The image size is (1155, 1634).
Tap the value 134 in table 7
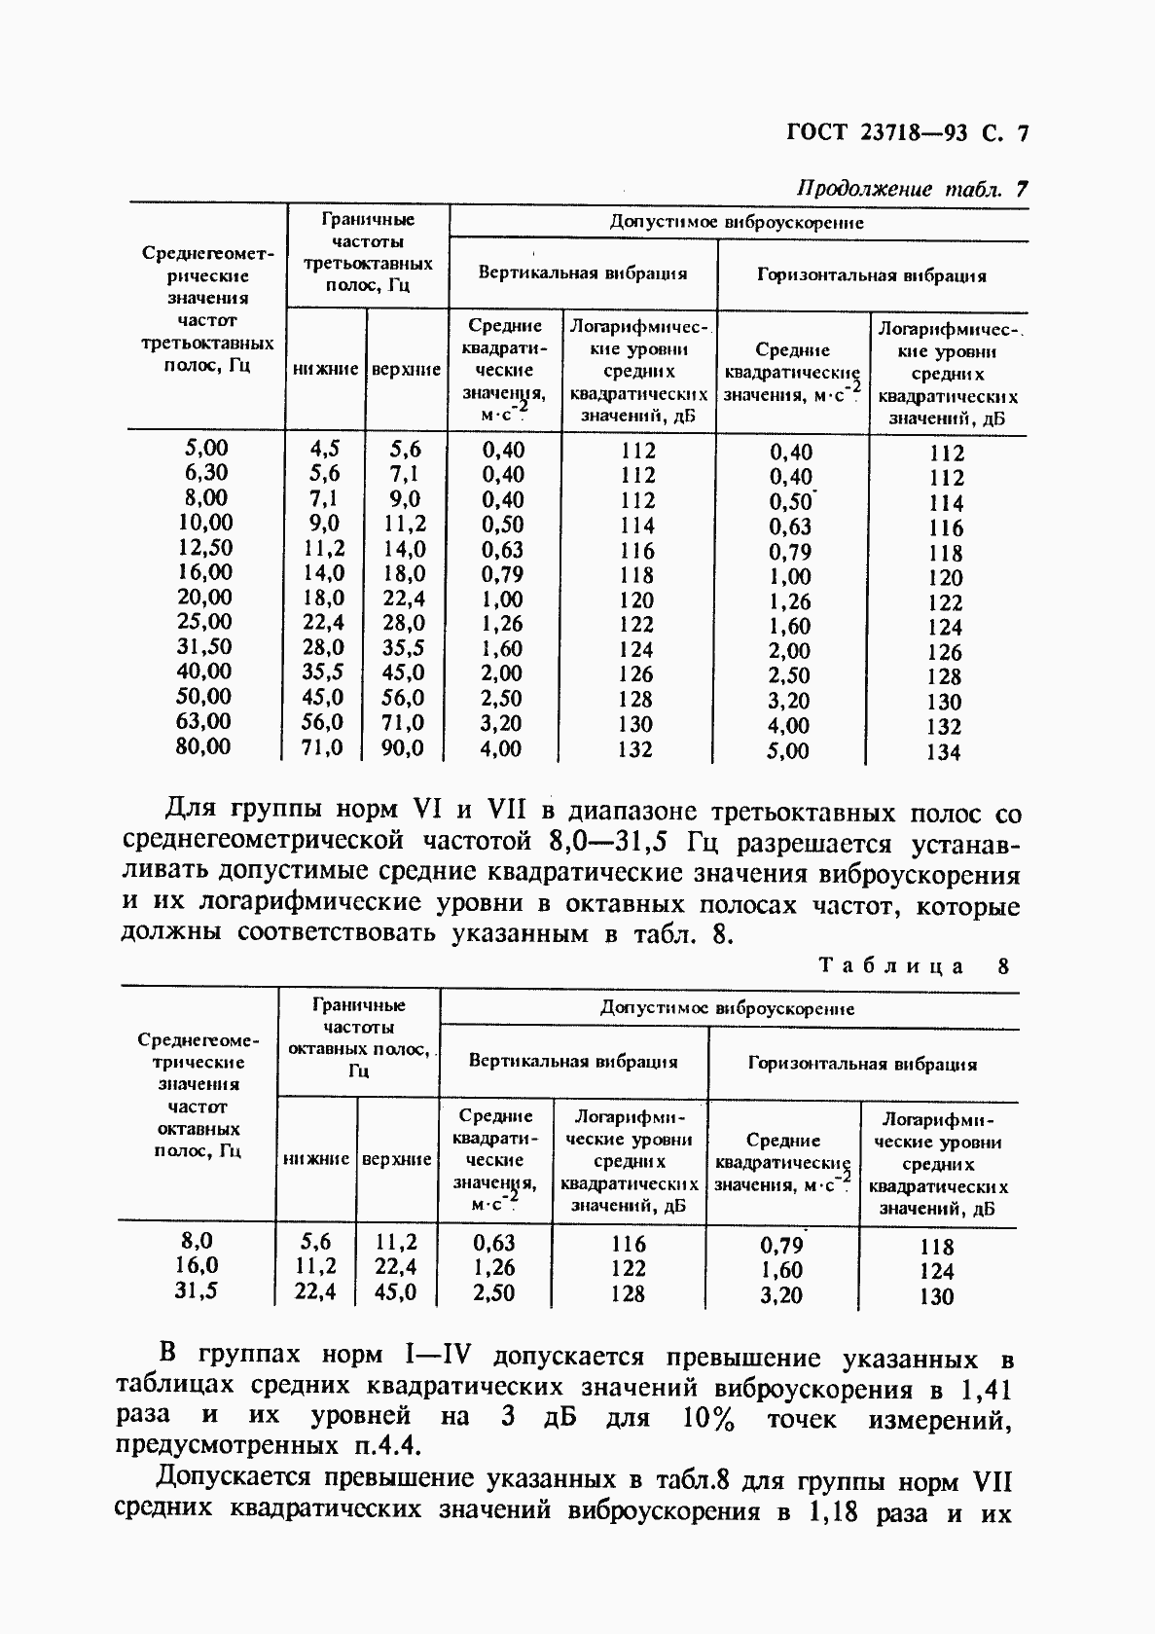point(943,751)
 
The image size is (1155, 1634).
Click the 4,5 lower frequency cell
point(324,449)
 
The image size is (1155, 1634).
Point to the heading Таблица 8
point(914,965)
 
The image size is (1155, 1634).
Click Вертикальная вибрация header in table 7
point(582,273)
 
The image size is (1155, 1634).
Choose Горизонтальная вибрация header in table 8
point(861,1064)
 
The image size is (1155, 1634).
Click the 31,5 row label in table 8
point(198,1290)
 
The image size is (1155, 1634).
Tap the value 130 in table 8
point(935,1296)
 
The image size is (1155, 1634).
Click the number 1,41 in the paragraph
point(984,1389)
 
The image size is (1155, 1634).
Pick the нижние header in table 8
point(316,1160)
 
